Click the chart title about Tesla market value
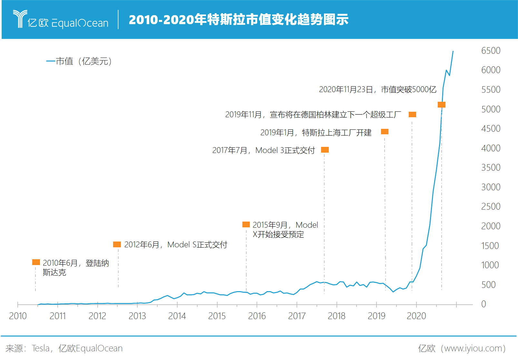(x=239, y=20)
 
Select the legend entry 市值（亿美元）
(x=79, y=61)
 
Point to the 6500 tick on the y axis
(x=491, y=51)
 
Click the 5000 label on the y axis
(x=491, y=109)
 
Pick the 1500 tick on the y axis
(x=490, y=246)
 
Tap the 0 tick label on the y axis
(x=483, y=304)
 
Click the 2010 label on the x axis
(x=18, y=316)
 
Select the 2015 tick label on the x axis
(x=217, y=316)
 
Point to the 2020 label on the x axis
(x=416, y=316)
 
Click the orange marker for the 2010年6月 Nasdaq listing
(x=36, y=262)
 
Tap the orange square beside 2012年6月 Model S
(x=117, y=244)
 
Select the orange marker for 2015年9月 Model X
(x=246, y=224)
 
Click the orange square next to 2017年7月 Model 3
(x=325, y=150)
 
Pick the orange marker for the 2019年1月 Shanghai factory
(x=385, y=132)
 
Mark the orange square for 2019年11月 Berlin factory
(x=412, y=114)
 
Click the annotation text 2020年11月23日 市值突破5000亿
(x=377, y=90)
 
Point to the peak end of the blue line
(x=453, y=51)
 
